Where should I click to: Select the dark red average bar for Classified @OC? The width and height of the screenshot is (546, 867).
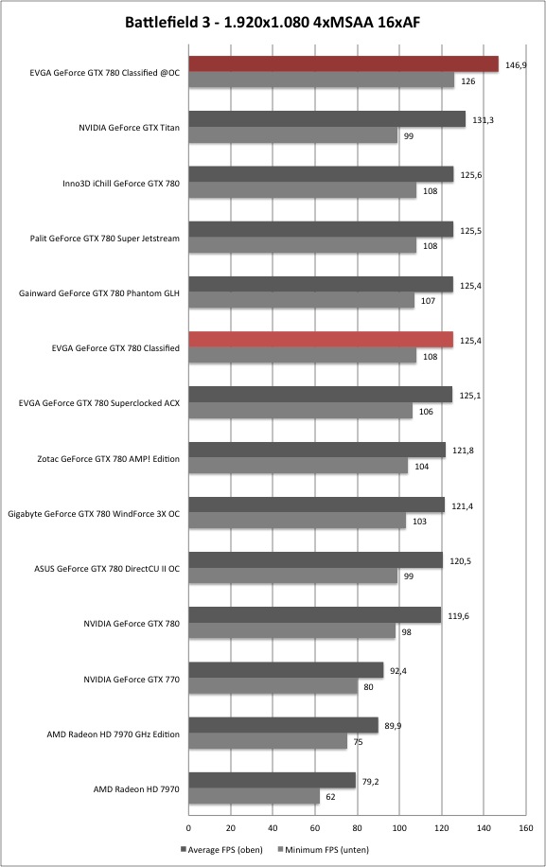click(x=343, y=64)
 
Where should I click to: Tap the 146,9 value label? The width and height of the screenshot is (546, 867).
click(x=516, y=65)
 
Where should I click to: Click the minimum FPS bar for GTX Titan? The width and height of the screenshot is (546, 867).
click(x=293, y=135)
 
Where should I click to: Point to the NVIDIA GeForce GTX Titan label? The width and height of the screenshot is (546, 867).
click(x=129, y=128)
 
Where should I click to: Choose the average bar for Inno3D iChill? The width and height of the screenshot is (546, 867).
click(x=321, y=174)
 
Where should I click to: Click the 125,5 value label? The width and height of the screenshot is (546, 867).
click(x=470, y=231)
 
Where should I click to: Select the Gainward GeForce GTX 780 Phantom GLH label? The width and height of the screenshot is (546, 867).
click(x=99, y=293)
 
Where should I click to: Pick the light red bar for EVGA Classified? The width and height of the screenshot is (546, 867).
click(x=321, y=340)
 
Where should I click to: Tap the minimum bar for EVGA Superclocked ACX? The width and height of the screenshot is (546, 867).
click(x=301, y=411)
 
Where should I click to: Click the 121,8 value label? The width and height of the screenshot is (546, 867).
click(x=463, y=451)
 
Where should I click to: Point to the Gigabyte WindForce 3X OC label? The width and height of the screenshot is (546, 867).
click(x=94, y=514)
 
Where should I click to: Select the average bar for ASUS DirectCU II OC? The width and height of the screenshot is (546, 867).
click(x=315, y=560)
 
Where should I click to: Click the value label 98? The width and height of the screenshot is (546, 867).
click(x=406, y=632)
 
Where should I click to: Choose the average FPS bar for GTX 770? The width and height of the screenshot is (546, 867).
click(x=287, y=670)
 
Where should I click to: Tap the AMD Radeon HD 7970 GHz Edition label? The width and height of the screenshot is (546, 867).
click(x=113, y=734)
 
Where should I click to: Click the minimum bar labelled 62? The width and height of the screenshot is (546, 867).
click(x=255, y=796)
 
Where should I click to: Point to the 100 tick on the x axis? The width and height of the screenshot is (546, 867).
click(x=399, y=828)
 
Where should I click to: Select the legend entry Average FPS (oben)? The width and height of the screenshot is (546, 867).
click(x=221, y=850)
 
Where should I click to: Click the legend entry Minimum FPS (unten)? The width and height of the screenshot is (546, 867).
click(x=323, y=850)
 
